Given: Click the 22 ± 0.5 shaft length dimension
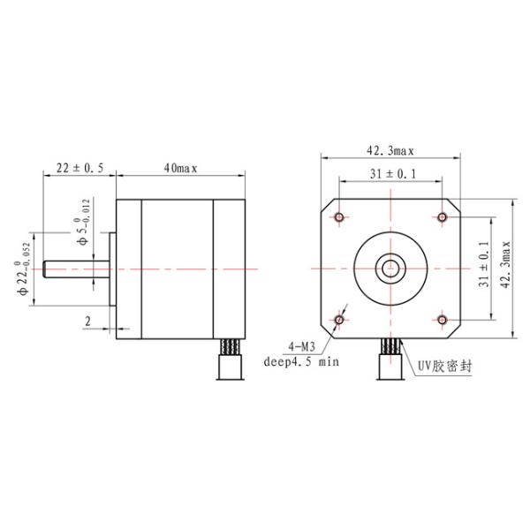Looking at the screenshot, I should click(79, 167).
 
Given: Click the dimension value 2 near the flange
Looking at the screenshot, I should click(88, 322).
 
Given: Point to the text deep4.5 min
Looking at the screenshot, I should click(301, 360).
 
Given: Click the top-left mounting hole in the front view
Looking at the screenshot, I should click(340, 216).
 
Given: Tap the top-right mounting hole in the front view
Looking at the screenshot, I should click(443, 216).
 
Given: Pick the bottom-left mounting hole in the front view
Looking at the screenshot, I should click(340, 319).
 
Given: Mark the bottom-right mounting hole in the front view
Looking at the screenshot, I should click(443, 319).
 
